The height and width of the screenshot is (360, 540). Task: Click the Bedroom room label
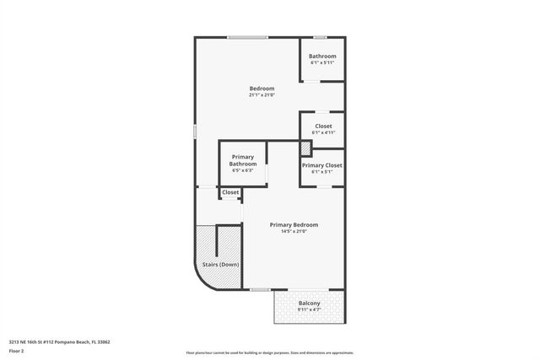[262, 89]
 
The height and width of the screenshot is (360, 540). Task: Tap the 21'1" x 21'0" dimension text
[262, 95]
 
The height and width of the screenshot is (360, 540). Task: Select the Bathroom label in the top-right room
[322, 56]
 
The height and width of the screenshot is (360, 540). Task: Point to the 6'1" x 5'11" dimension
[322, 63]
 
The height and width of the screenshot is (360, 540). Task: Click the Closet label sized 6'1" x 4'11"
[322, 126]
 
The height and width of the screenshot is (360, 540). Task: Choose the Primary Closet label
[322, 165]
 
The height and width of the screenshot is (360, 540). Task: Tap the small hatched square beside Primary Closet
[306, 148]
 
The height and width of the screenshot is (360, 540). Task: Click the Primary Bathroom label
[243, 160]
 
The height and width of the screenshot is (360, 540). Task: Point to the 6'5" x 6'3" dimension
[243, 170]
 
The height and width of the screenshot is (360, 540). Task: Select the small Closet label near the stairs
[230, 192]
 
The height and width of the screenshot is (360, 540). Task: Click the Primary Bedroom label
[294, 224]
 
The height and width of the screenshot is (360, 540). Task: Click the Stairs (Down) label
[221, 265]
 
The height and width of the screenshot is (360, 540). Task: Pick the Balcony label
[310, 304]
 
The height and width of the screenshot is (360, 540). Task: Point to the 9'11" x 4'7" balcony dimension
[310, 310]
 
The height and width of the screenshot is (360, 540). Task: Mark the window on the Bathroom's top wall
[321, 37]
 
